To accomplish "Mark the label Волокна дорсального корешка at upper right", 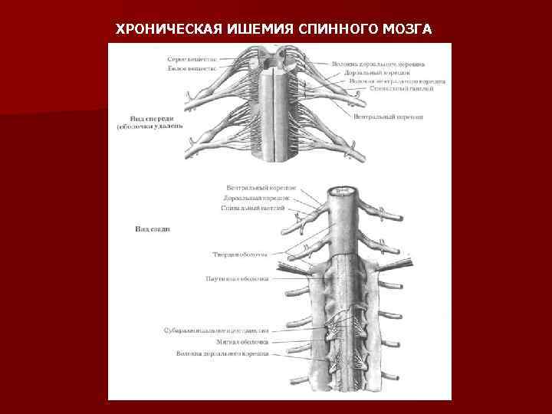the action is click(x=379, y=64).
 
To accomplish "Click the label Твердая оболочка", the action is click(x=239, y=255).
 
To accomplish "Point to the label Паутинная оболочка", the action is click(x=237, y=279).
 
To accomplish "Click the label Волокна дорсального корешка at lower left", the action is click(x=222, y=353).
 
